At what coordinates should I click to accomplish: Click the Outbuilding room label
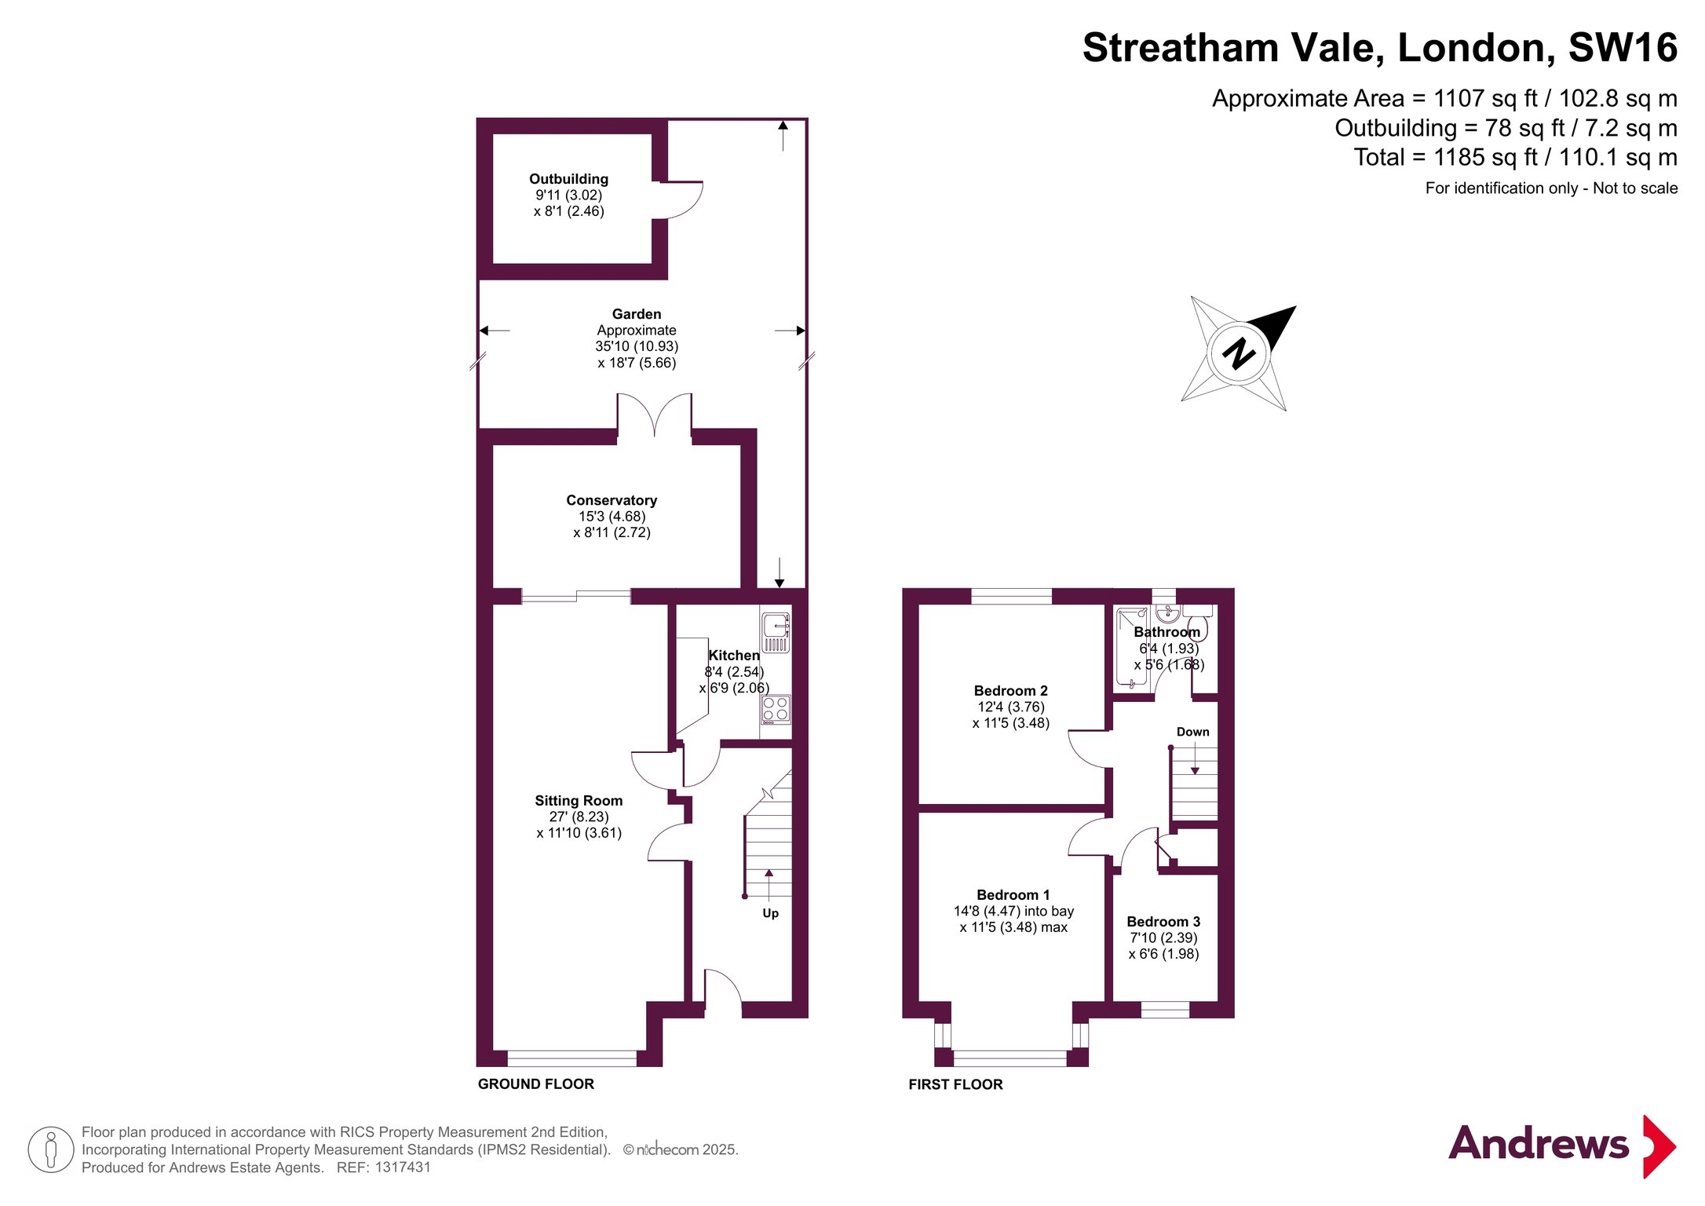click(x=568, y=179)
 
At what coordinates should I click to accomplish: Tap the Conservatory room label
click(x=612, y=500)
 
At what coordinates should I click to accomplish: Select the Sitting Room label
click(x=579, y=801)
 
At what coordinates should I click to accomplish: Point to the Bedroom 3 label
click(x=1163, y=922)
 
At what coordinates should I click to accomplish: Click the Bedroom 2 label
click(x=1011, y=691)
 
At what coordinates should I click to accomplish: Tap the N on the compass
click(x=1239, y=353)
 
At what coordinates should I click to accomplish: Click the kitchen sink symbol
click(x=776, y=633)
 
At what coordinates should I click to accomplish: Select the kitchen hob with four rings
click(x=776, y=710)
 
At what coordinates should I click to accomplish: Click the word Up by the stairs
click(x=771, y=913)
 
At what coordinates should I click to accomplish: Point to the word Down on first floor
click(x=1193, y=732)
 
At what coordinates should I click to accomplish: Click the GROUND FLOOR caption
click(x=536, y=1084)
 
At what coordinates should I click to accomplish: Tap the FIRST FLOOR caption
click(x=955, y=1084)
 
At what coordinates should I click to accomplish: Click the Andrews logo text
click(x=1539, y=1143)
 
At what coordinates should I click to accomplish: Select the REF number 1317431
click(x=403, y=1168)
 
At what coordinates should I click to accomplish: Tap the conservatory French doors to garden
click(x=654, y=412)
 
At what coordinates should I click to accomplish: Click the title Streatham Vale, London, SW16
click(x=1380, y=49)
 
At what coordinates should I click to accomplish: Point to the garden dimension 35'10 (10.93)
click(x=637, y=346)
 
